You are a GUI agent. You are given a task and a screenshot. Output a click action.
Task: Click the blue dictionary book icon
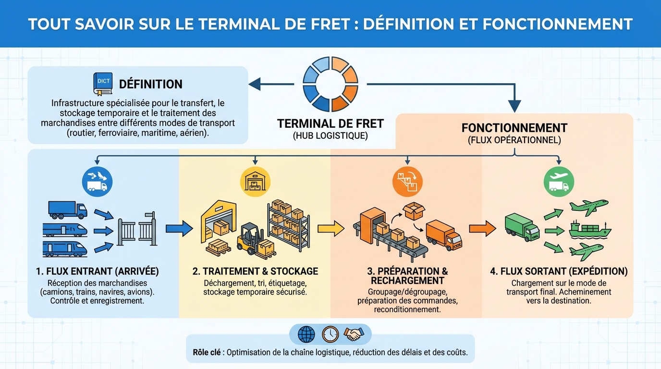coord(103,84)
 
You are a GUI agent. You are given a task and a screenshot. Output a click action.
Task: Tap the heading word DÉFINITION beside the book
coord(150,84)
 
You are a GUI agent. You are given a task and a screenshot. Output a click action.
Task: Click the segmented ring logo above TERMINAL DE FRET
coord(330,84)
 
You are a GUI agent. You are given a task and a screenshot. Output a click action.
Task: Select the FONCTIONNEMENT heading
coord(514,128)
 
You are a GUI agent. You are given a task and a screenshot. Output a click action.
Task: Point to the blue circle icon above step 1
coord(98,181)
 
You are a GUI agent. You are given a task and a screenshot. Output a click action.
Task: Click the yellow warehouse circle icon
coord(255,182)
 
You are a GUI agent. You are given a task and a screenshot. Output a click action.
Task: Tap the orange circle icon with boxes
coord(407,182)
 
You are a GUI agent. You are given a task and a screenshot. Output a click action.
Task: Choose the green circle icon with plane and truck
coord(559,182)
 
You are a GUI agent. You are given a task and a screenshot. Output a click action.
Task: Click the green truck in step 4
coord(522,227)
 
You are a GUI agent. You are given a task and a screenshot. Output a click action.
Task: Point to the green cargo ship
coord(589,229)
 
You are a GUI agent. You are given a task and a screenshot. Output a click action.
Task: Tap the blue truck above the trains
coord(67,210)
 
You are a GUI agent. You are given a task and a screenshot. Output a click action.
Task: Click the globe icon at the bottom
coord(306,334)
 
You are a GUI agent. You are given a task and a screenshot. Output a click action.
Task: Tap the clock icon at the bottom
coord(330,334)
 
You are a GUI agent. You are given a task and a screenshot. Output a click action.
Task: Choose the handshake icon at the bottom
coord(354,334)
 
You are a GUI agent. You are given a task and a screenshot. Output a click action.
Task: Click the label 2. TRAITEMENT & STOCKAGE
coord(255,271)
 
